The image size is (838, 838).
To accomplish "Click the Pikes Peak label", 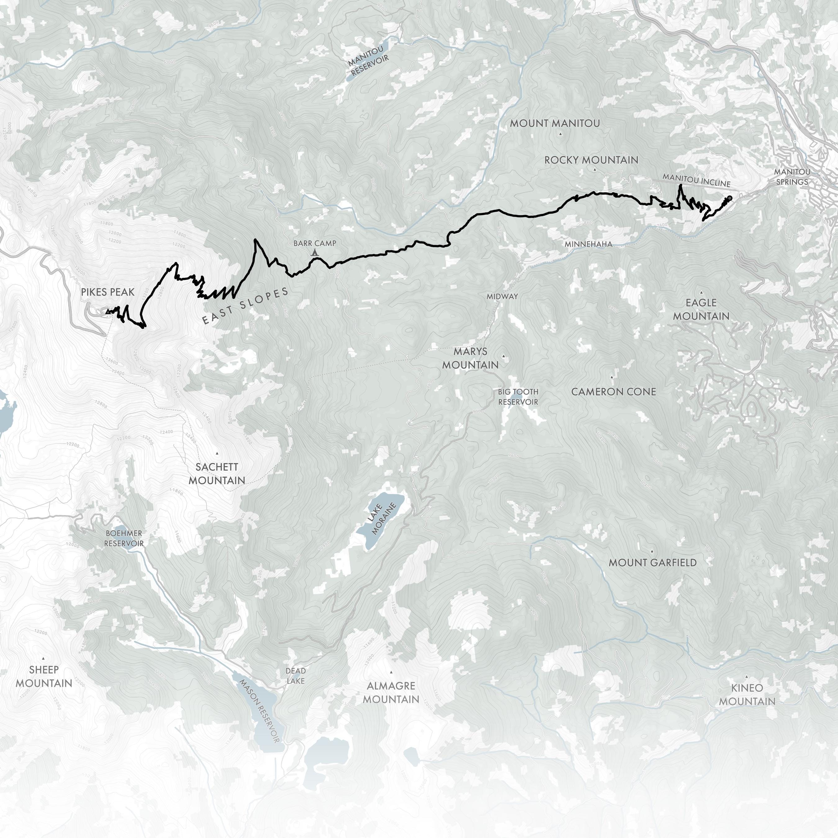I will (108, 292).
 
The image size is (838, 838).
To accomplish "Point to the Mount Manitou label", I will (555, 123).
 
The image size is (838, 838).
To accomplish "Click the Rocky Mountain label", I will (591, 160).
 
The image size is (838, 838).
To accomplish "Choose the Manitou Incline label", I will (696, 180).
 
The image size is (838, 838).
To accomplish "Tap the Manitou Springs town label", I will (792, 177).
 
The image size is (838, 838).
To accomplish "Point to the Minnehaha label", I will (588, 244).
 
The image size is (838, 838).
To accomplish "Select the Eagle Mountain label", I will (701, 309).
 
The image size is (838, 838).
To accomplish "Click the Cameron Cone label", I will (613, 392).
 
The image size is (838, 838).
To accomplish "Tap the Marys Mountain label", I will (470, 358).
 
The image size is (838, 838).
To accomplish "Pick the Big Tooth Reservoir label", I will (518, 397).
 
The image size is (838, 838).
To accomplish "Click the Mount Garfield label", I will (652, 563).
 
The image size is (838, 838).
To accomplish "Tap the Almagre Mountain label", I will (391, 692).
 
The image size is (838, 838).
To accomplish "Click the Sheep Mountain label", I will (44, 676).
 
